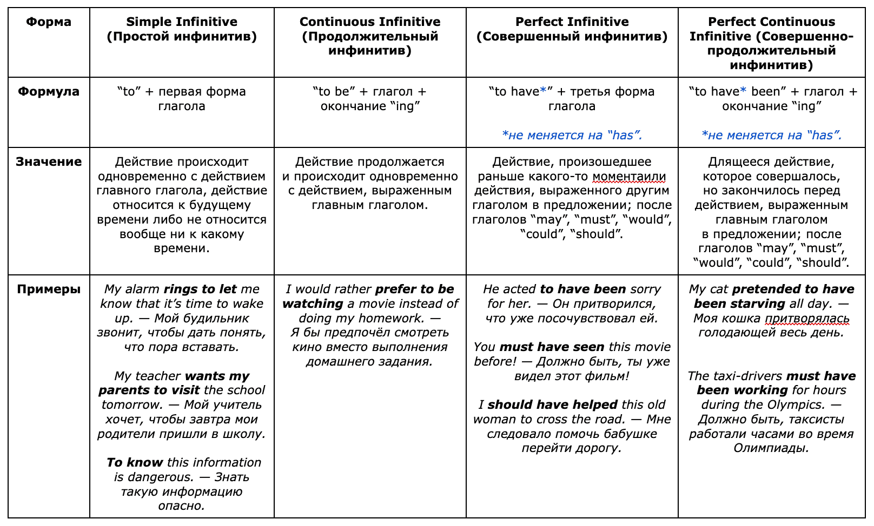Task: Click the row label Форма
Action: tap(49, 22)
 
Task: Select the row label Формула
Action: tap(49, 92)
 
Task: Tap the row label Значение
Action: tap(49, 162)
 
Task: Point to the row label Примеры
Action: tap(49, 289)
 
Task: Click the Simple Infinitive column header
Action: tap(182, 29)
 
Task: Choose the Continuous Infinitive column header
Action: tap(370, 36)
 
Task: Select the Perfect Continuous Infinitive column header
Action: tap(771, 43)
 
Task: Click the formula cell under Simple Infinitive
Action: tap(182, 99)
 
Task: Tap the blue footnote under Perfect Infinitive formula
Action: tap(572, 136)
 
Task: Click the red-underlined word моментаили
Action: tap(629, 177)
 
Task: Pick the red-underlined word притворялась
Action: tap(807, 319)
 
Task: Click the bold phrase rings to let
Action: tap(200, 289)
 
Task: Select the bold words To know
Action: tap(135, 463)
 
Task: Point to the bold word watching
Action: tap(313, 304)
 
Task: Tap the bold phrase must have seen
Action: tap(552, 347)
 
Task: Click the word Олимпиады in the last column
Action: tap(771, 448)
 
